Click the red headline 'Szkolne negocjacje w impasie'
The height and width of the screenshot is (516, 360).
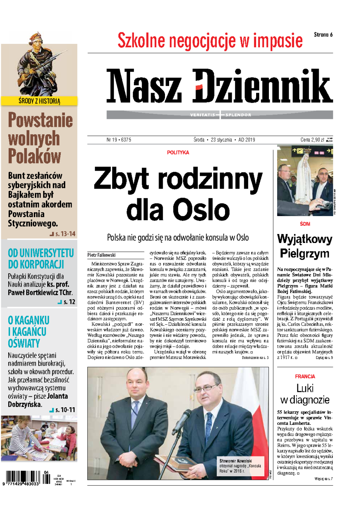point(210,41)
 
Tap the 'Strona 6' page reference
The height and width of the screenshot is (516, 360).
point(323,35)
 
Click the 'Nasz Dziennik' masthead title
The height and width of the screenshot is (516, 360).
point(219,86)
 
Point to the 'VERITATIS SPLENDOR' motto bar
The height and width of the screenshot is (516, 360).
point(220,115)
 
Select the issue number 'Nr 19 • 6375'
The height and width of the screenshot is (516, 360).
point(118,140)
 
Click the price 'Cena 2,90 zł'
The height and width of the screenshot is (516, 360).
point(312,140)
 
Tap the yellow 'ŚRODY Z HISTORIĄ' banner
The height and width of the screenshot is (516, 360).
point(39,101)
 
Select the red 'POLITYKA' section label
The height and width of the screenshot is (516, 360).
point(178,153)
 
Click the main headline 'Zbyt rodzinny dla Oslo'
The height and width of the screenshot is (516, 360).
point(178,194)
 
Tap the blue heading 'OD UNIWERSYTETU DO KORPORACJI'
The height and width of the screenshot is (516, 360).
point(40,259)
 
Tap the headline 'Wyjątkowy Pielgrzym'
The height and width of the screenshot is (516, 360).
point(304,246)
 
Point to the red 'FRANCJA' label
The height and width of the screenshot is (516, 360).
point(305,376)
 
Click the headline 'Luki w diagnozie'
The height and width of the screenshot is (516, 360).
point(305,394)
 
